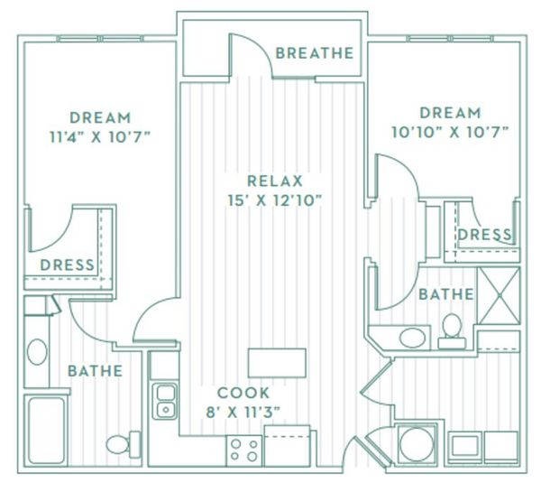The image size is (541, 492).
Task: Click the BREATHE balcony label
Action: click(315, 53)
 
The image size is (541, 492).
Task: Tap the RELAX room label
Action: click(275, 181)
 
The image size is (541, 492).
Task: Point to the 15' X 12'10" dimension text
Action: click(275, 200)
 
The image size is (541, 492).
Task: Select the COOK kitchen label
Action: click(243, 393)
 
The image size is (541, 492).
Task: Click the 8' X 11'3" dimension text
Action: click(243, 412)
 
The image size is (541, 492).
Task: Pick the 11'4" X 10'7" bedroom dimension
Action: click(100, 137)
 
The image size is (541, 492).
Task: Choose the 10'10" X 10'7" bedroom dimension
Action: click(450, 132)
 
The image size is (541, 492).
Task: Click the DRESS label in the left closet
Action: click(68, 265)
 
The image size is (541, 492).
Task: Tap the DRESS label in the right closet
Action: click(484, 235)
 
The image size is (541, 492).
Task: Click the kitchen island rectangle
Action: click(277, 363)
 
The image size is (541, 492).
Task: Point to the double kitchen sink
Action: click(165, 402)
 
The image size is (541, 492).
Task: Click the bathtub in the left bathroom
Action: click(47, 431)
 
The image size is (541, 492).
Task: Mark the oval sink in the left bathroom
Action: click(37, 352)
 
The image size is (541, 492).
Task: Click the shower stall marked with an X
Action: click(499, 295)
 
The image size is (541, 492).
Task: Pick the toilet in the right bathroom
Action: click(452, 330)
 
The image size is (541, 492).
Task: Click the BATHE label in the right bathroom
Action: click(446, 294)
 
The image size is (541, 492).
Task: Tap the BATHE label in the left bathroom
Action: click(96, 371)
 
